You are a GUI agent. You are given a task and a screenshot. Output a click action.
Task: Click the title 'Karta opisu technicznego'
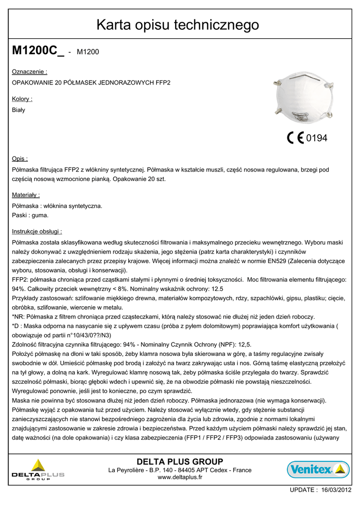[178, 24]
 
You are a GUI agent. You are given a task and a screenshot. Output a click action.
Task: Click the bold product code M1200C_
[38, 51]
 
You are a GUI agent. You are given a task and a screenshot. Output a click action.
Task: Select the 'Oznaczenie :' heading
[29, 72]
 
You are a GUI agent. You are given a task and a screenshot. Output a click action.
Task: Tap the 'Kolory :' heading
[22, 99]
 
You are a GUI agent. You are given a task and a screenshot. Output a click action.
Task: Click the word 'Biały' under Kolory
[18, 110]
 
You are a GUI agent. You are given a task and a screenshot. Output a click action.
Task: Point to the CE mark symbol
[295, 138]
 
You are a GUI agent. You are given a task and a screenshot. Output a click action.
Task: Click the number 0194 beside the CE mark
[317, 138]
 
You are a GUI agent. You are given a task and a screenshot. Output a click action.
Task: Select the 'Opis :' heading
[20, 159]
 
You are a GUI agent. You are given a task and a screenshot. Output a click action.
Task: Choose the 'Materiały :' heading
[26, 195]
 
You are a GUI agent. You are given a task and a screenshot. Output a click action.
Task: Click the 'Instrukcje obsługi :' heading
[37, 231]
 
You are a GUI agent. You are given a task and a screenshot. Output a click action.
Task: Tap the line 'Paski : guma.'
[30, 215]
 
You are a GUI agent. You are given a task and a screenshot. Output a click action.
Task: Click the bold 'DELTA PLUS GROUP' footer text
[180, 461]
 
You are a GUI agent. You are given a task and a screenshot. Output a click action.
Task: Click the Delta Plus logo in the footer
[38, 470]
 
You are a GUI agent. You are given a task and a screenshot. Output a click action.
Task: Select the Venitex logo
[318, 469]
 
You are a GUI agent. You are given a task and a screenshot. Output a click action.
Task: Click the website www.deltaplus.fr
[180, 477]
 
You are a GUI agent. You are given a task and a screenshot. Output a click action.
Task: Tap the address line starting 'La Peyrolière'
[180, 470]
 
